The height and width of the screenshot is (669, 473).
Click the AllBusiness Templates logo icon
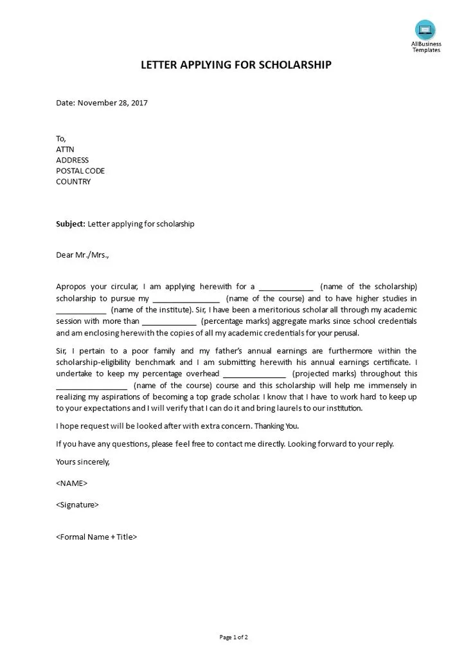pyautogui.click(x=425, y=30)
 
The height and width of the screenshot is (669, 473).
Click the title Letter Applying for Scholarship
pyautogui.click(x=236, y=65)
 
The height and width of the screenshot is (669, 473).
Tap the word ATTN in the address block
pyautogui.click(x=65, y=149)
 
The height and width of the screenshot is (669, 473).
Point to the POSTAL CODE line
pyautogui.click(x=80, y=171)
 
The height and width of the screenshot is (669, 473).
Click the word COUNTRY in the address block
pyautogui.click(x=73, y=181)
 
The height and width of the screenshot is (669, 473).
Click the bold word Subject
pyautogui.click(x=70, y=224)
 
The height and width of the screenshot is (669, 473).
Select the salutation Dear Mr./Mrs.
pyautogui.click(x=82, y=255)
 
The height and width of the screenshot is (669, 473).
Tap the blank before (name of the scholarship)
pyautogui.click(x=286, y=287)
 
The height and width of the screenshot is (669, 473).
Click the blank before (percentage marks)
pyautogui.click(x=169, y=321)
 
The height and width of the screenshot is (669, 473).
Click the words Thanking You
pyautogui.click(x=278, y=426)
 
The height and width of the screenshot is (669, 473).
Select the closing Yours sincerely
pyautogui.click(x=83, y=461)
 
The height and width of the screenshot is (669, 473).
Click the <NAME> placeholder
pyautogui.click(x=72, y=483)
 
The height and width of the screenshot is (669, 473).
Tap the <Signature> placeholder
pyautogui.click(x=77, y=505)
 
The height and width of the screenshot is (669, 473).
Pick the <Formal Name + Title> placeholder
pyautogui.click(x=96, y=537)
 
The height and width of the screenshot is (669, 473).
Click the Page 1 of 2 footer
pyautogui.click(x=233, y=638)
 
